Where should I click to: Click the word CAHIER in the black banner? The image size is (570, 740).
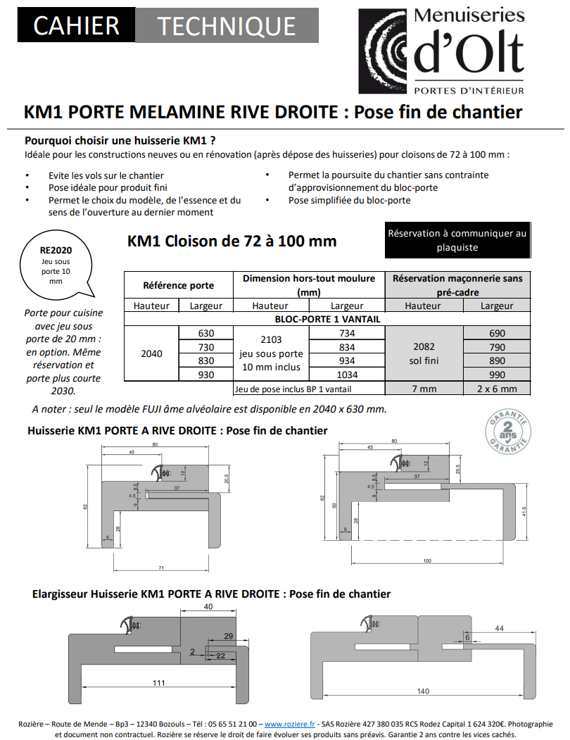click(67, 26)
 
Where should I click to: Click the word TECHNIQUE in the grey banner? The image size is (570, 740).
click(226, 26)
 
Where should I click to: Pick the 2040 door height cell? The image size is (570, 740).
click(151, 353)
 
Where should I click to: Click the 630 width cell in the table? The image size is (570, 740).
click(206, 333)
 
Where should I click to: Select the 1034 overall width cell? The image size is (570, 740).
click(347, 375)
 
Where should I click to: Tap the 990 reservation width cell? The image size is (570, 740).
click(497, 375)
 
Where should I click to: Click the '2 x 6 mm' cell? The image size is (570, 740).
click(497, 389)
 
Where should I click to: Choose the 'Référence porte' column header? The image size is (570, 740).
click(178, 285)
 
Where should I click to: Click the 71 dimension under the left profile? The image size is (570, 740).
click(162, 567)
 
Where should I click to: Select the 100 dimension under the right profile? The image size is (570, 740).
click(427, 560)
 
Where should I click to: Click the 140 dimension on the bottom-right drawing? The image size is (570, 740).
click(422, 691)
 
